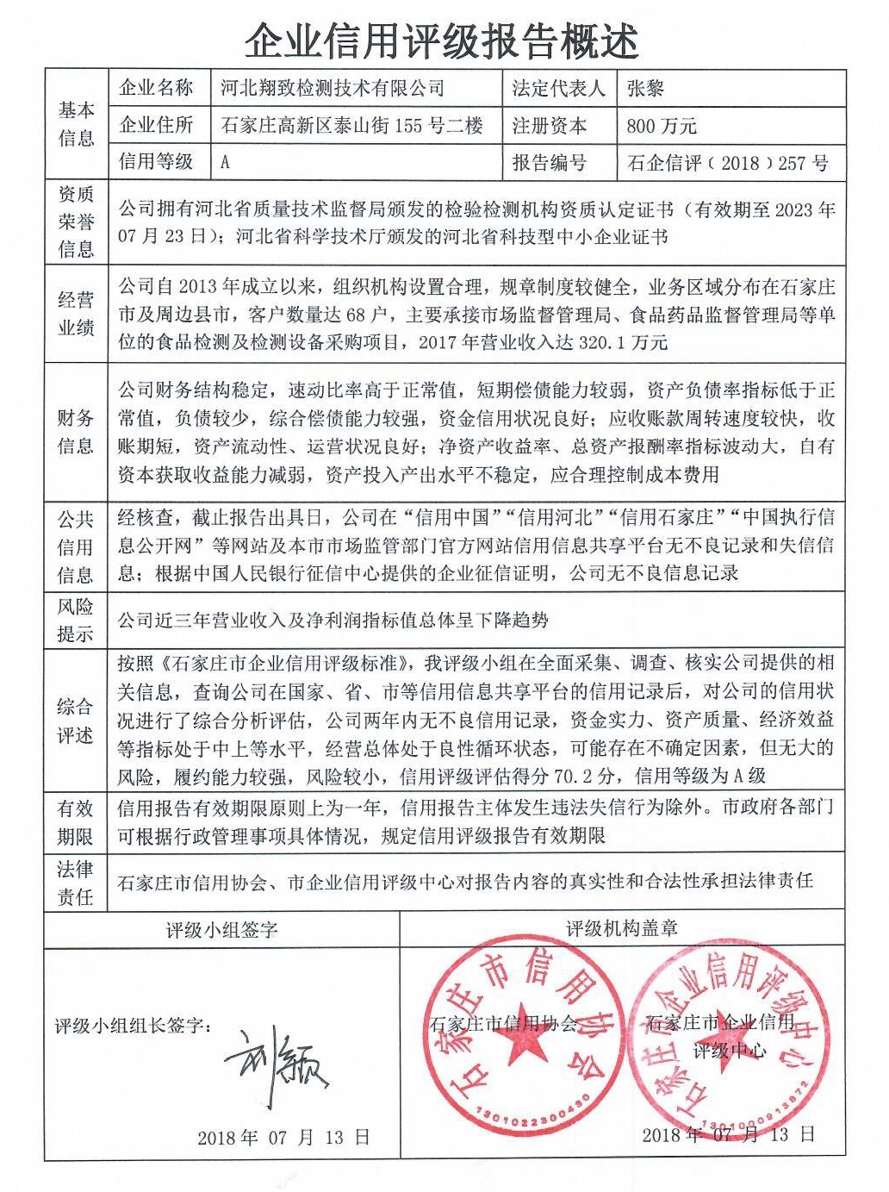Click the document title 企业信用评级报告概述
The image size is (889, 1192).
[x=442, y=41]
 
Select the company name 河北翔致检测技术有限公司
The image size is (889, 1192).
[x=333, y=88]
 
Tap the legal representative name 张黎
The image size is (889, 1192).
[x=645, y=88]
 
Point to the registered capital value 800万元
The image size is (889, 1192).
[x=662, y=126]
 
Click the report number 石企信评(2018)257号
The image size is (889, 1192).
[x=728, y=163]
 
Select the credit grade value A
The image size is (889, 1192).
[x=226, y=162]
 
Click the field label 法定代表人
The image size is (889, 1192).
[x=558, y=88]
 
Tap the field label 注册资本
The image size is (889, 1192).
[x=550, y=126]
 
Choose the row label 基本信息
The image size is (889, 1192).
[x=76, y=124]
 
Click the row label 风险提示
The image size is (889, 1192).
[x=76, y=620]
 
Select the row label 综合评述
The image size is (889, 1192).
[x=76, y=721]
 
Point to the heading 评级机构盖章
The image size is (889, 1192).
[x=622, y=928]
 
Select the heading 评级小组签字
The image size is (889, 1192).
[x=221, y=929]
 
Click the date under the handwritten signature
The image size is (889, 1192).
[x=283, y=1138]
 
